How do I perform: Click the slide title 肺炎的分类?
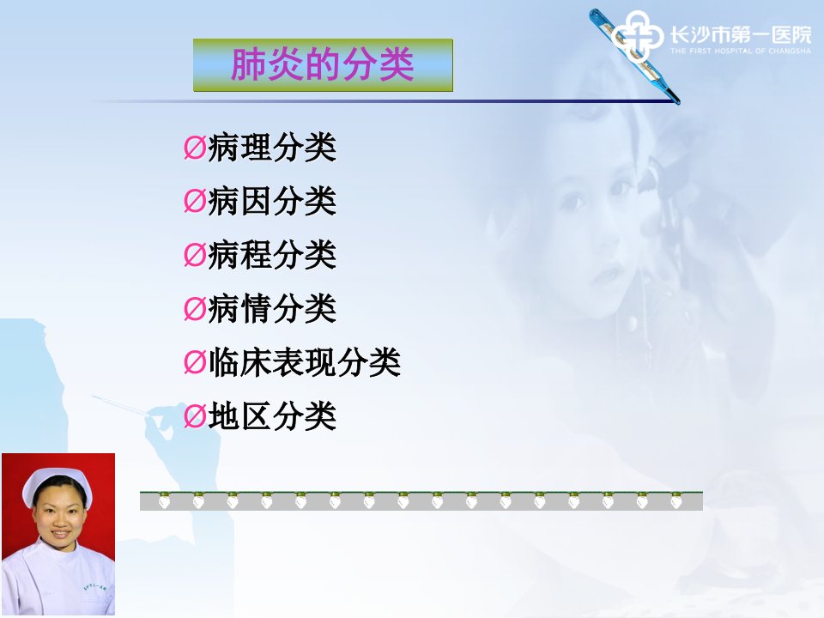pos(322,64)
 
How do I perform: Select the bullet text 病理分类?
pos(272,147)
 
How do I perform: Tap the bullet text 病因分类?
pos(272,201)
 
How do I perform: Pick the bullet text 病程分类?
pos(272,254)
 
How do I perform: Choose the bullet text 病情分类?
pos(272,308)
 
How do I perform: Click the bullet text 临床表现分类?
pos(305,362)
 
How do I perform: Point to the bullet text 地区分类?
pos(272,415)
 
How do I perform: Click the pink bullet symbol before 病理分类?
pos(195,148)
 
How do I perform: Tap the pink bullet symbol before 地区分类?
pos(195,416)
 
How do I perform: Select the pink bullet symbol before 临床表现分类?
pos(195,362)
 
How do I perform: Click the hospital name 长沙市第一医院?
pos(741,35)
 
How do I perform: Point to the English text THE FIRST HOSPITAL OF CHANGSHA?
pos(741,51)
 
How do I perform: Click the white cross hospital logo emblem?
pos(637,36)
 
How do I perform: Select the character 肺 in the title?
pos(249,64)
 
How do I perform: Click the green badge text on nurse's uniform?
pos(94,586)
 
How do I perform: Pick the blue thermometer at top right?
pos(634,56)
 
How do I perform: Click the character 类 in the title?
pos(397,64)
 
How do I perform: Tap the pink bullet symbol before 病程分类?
pos(195,255)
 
